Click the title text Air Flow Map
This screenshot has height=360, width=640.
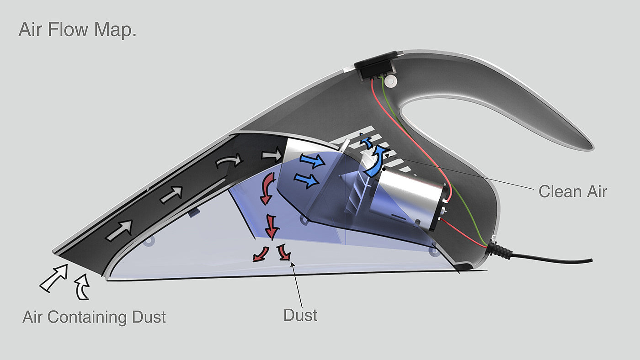pyautogui.click(x=77, y=30)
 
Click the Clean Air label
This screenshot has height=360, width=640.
pyautogui.click(x=572, y=191)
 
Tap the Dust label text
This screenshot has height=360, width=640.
pyautogui.click(x=300, y=315)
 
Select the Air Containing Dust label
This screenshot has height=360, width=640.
pyautogui.click(x=94, y=317)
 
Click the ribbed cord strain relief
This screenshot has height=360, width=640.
pyautogui.click(x=502, y=250)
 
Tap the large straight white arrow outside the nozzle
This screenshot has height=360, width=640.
pyautogui.click(x=54, y=278)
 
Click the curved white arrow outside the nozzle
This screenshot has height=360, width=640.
pyautogui.click(x=81, y=287)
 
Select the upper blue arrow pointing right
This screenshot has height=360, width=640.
pyautogui.click(x=312, y=161)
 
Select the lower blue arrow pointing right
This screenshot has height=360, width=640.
pyautogui.click(x=307, y=180)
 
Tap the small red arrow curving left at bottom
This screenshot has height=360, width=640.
pyautogui.click(x=261, y=254)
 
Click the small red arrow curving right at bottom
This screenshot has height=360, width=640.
pyautogui.click(x=284, y=252)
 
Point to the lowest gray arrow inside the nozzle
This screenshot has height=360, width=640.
pyautogui.click(x=119, y=230)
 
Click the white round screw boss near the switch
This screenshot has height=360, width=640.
pyautogui.click(x=390, y=81)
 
